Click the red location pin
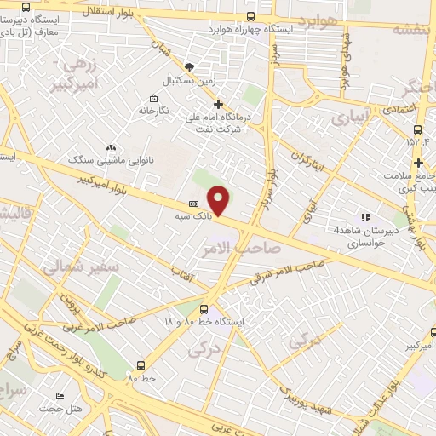[220, 200]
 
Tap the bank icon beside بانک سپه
[193, 204]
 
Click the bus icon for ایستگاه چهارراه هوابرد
[250, 16]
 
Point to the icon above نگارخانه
[152, 98]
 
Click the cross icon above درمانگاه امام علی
[218, 103]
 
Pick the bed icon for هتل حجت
[60, 396]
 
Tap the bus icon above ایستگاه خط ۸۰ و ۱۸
[204, 310]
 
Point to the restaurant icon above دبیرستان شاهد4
[365, 217]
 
